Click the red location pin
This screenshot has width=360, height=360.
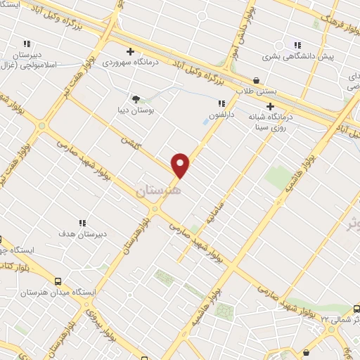point(181,165)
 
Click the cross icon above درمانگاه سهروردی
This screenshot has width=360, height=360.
point(130,51)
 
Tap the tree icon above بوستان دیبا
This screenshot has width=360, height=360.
point(136,99)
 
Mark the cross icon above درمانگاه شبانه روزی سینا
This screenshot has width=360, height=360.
point(269,106)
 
